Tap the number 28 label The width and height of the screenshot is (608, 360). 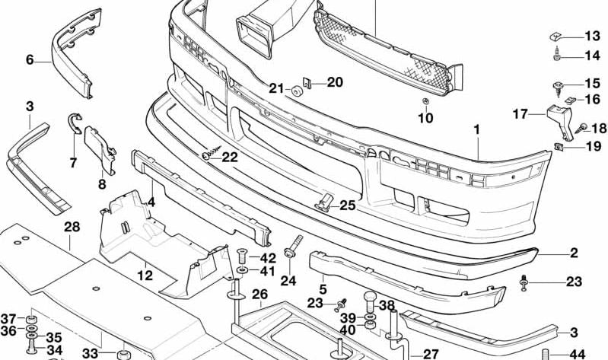(x=72, y=227)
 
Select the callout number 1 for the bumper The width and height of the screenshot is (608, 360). (x=476, y=130)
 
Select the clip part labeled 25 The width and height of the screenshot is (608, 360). (x=325, y=203)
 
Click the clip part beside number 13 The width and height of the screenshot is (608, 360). (x=556, y=36)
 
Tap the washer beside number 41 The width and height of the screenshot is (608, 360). (x=241, y=271)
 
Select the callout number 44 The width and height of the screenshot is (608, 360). (x=577, y=354)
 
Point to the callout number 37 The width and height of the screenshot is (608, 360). (x=8, y=318)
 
